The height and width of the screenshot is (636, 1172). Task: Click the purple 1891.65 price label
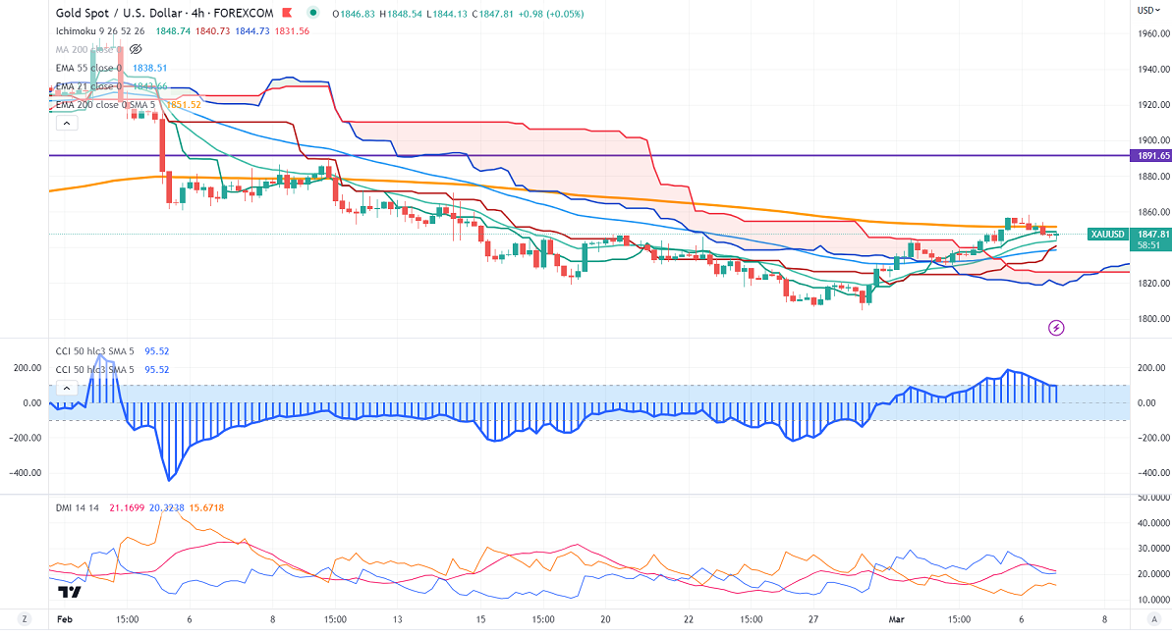(1150, 155)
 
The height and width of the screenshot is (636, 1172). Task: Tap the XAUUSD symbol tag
(1107, 234)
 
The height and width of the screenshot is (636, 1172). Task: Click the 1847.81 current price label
(1150, 234)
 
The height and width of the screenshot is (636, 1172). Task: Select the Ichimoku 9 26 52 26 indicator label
(99, 30)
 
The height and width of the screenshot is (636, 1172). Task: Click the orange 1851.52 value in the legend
(184, 105)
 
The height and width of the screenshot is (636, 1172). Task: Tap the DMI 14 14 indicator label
(80, 506)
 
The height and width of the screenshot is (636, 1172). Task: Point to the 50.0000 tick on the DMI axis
(1150, 499)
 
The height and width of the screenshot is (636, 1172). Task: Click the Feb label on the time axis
(64, 619)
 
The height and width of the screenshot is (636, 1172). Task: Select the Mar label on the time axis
(895, 619)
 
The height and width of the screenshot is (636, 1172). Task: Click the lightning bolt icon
(1057, 327)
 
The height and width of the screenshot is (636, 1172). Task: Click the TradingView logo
(69, 592)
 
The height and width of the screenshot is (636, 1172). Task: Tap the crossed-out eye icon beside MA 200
(136, 48)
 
